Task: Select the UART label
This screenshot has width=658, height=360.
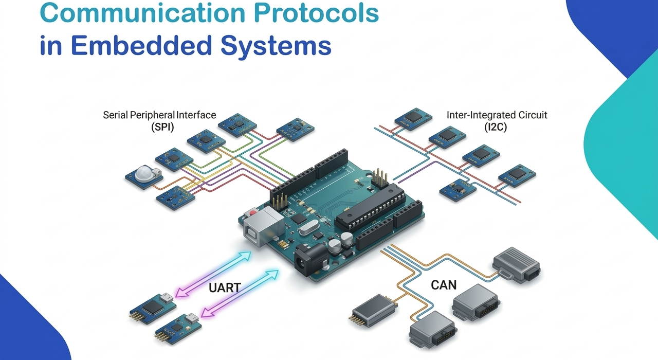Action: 225,287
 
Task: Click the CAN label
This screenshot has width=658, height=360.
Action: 444,284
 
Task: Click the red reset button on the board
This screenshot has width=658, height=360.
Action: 252,212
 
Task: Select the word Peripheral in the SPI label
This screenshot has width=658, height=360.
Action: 153,115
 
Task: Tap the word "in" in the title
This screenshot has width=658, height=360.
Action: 50,45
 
